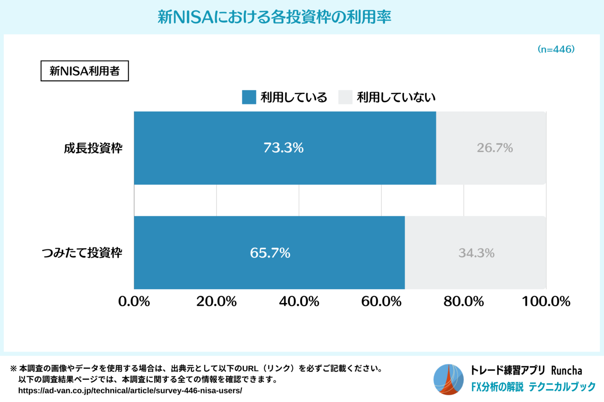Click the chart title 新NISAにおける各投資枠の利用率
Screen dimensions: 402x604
(x=274, y=17)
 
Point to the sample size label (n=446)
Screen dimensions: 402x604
(x=556, y=49)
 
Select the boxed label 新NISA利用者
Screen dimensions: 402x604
(x=85, y=71)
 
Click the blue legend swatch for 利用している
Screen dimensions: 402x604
(x=249, y=97)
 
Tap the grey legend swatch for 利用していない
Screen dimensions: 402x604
(x=345, y=97)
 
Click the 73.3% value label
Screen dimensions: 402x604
(x=284, y=148)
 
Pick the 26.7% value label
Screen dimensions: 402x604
(x=495, y=148)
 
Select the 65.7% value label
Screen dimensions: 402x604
(x=270, y=253)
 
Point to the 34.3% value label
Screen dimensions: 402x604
(x=476, y=253)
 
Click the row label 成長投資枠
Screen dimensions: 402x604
(x=93, y=148)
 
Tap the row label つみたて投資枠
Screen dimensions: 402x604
(x=82, y=253)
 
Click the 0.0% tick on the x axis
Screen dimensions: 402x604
(x=134, y=301)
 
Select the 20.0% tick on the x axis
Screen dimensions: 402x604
(x=217, y=301)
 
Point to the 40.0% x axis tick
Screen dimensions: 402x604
(x=299, y=301)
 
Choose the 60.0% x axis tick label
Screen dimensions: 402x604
(x=381, y=301)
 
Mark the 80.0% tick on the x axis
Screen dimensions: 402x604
(x=464, y=301)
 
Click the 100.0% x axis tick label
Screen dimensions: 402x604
(x=546, y=301)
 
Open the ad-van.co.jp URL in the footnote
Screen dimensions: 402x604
(x=130, y=391)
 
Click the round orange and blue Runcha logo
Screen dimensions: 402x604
(x=449, y=379)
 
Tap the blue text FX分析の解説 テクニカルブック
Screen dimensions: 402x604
(x=533, y=387)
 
